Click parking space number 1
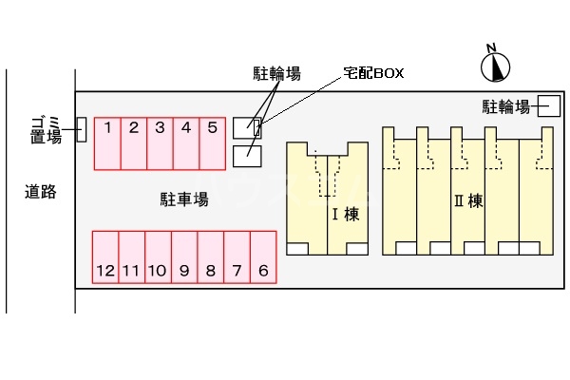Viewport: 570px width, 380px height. point(108,143)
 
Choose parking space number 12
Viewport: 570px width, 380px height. point(104,256)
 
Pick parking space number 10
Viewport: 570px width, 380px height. point(158,256)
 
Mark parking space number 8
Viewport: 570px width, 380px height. point(210,256)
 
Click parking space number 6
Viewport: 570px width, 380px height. point(263,256)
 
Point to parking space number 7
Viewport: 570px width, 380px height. point(237,256)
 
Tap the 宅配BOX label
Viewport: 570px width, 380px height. point(373,73)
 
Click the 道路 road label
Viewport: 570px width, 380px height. point(41,192)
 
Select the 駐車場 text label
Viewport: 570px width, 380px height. point(183,199)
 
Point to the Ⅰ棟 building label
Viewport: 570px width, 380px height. point(344,215)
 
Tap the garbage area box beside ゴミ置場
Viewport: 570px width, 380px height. point(81,129)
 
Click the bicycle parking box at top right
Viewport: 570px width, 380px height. point(548,105)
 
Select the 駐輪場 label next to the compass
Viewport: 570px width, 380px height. point(505,105)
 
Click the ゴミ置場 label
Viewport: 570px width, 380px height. point(46,128)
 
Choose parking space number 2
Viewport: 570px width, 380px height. point(135,143)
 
